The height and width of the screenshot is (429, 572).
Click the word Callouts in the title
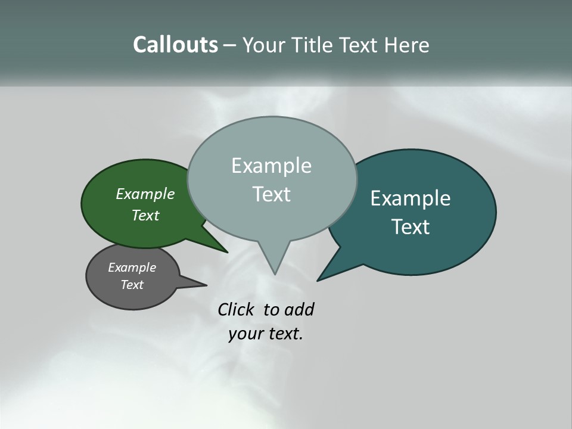point(175,45)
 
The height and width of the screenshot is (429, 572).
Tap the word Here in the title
point(406,45)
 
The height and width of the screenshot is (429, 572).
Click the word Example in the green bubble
point(145,194)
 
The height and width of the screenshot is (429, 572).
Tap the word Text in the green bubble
point(145,216)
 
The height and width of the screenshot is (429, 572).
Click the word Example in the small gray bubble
point(132,268)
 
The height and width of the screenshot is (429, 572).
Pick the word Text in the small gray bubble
point(132,285)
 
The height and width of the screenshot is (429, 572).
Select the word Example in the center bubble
point(271,166)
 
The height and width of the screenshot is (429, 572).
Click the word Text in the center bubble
point(271,194)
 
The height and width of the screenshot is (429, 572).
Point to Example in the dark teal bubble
point(411,198)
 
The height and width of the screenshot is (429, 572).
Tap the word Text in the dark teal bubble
point(411,227)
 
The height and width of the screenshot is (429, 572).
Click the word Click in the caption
point(236,310)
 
